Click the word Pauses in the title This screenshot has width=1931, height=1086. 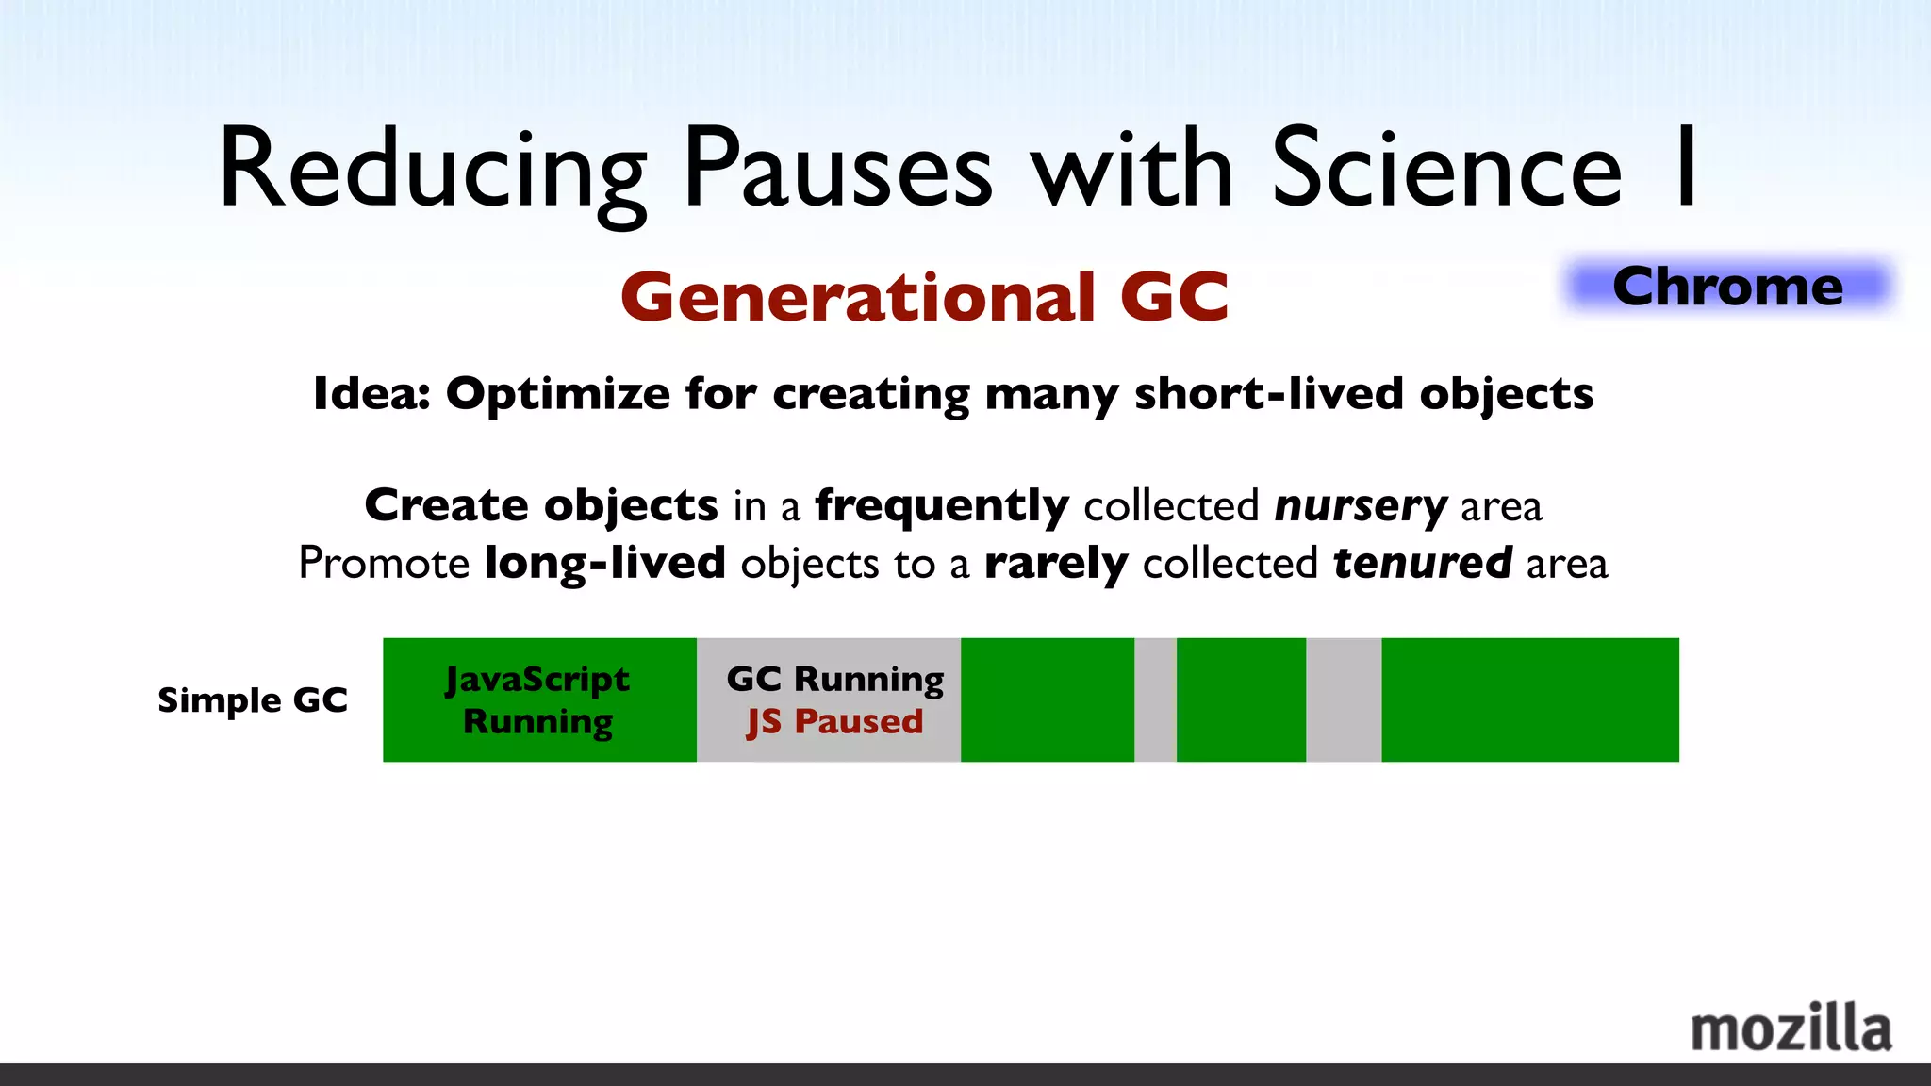[x=838, y=170]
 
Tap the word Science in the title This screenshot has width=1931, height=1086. [x=1447, y=170]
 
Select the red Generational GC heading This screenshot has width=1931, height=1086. [x=924, y=298]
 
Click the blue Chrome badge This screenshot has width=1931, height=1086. [x=1727, y=287]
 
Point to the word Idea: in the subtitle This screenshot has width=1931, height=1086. [x=371, y=394]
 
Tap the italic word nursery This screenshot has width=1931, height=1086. [x=1361, y=506]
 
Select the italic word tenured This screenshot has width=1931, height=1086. [x=1423, y=564]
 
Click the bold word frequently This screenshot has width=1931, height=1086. [x=942, y=506]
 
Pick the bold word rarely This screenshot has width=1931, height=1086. [x=1055, y=564]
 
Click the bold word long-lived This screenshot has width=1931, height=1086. [x=604, y=564]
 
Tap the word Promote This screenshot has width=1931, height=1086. [x=384, y=564]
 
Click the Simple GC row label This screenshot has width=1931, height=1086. [x=253, y=700]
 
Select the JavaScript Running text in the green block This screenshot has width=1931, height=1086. [x=537, y=699]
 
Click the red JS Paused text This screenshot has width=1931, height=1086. [x=834, y=722]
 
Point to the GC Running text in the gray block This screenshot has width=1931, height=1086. [x=834, y=679]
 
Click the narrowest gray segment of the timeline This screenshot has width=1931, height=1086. [x=1155, y=699]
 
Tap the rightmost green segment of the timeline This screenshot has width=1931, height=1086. [x=1529, y=699]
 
